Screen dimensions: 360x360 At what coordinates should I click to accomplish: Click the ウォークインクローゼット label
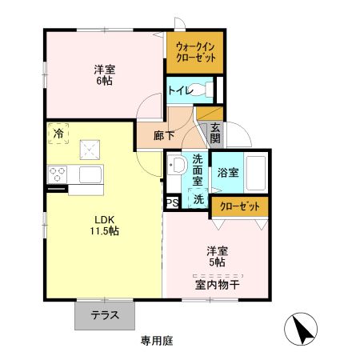pos(194,52)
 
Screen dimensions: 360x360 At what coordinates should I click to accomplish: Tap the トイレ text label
pos(178,90)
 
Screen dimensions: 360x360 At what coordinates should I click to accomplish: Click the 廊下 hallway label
pos(151,134)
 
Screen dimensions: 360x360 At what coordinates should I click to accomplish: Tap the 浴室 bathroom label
pos(227,171)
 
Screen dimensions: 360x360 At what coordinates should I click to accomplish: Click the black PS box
pos(172,203)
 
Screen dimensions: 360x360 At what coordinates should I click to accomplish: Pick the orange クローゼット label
pos(240,206)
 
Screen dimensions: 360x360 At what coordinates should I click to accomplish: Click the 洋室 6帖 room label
pos(103,74)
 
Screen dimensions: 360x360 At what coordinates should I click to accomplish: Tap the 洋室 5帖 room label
pos(218,256)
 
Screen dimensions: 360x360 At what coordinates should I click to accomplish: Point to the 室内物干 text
pos(218,284)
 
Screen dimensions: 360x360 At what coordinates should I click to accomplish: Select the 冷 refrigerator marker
pos(58,134)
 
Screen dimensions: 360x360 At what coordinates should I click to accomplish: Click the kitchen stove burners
pos(58,174)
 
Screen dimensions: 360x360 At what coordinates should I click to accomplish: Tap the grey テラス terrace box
pos(106,315)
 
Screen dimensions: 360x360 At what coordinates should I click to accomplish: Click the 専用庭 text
pos(157,341)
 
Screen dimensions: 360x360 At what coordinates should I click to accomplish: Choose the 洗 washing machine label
pos(197,199)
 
